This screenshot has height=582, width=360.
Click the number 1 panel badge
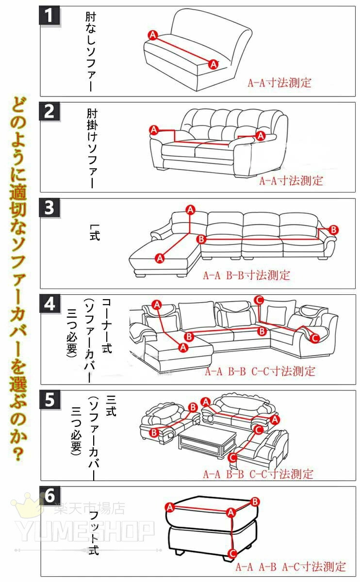(x=49, y=16)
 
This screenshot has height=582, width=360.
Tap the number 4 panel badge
(x=49, y=304)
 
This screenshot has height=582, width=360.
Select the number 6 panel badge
(x=49, y=496)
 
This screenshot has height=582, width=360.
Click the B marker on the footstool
(x=255, y=501)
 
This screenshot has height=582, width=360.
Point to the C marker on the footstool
(x=232, y=554)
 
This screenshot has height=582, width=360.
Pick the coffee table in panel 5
(x=207, y=440)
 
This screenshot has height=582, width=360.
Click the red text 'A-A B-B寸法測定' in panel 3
(x=246, y=275)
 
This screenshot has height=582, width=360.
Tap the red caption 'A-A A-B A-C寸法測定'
(x=291, y=566)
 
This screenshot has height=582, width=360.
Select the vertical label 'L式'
(x=95, y=232)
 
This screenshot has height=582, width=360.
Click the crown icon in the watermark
(x=27, y=505)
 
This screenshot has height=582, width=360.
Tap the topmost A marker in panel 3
(x=191, y=210)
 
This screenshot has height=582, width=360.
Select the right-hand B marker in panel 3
(x=333, y=230)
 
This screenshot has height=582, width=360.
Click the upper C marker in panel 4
(x=259, y=300)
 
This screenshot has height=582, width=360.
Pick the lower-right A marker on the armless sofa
(x=213, y=64)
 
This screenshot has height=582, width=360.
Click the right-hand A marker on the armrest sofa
(x=261, y=136)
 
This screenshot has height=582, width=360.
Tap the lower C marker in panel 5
(x=232, y=464)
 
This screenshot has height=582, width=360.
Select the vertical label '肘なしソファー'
(x=91, y=51)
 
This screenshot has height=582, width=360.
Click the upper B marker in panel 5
(x=193, y=407)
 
